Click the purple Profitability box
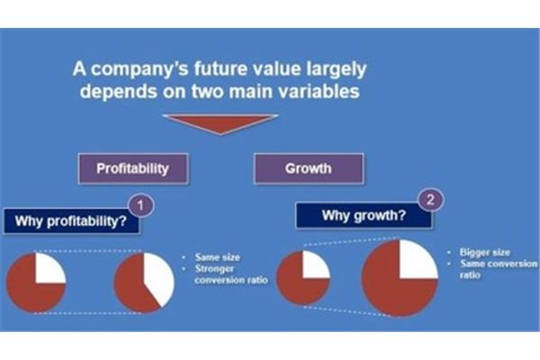133,168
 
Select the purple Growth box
309,168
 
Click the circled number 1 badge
141,206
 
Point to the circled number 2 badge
430,200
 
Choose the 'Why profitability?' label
71,221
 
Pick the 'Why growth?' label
364,216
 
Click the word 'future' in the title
220,68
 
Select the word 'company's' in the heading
139,69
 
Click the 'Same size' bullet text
217,257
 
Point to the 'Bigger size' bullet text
484,253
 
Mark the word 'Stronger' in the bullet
214,269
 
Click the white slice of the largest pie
418,260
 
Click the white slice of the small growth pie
315,265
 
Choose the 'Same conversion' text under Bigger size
499,264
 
